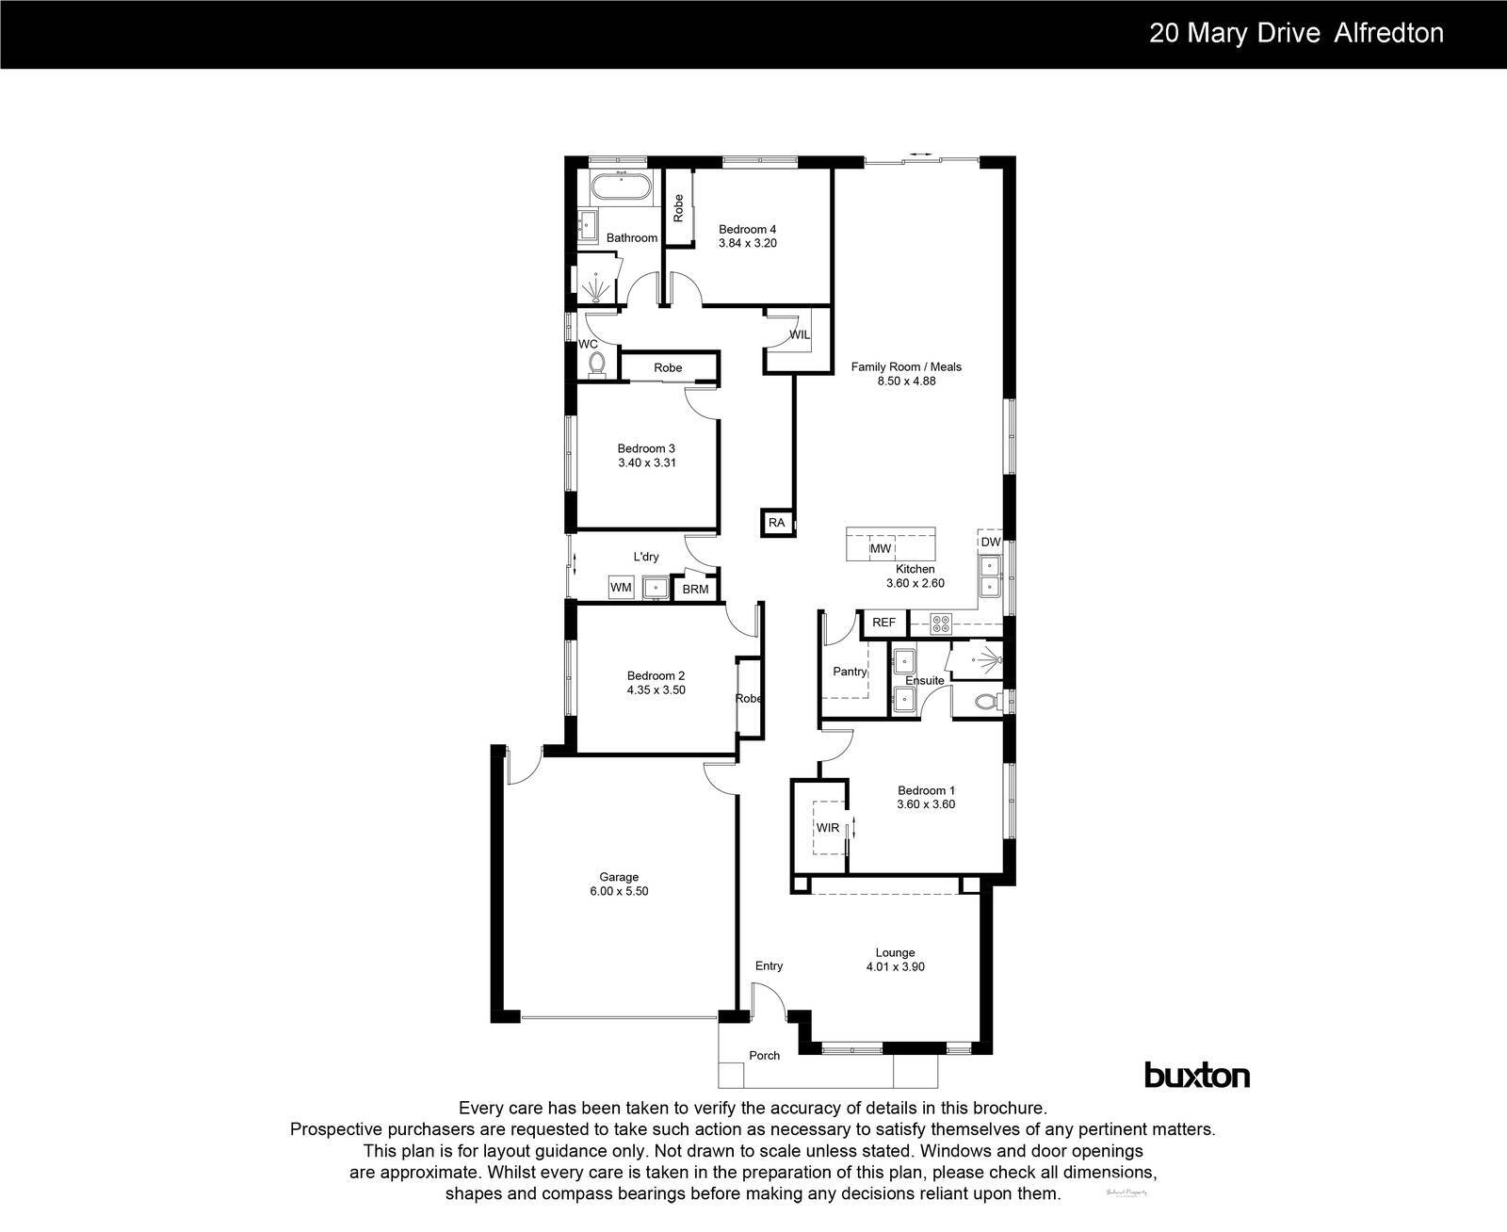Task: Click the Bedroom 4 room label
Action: tap(747, 229)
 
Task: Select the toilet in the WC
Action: tap(594, 363)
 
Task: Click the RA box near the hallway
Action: tap(776, 523)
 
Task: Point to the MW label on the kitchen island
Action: tap(881, 548)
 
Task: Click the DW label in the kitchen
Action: tap(990, 543)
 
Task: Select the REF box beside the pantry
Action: tap(883, 623)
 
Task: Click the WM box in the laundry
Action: tap(621, 588)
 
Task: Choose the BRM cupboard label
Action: tap(695, 590)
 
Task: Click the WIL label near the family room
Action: tap(799, 335)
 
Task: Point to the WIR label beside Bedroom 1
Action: tap(827, 828)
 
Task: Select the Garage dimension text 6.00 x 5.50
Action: tap(619, 891)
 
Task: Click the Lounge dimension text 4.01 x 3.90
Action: tap(895, 966)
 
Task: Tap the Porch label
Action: tap(764, 1056)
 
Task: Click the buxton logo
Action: tap(1196, 1075)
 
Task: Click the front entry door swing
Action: tap(768, 998)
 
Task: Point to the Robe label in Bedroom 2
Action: tap(749, 699)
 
